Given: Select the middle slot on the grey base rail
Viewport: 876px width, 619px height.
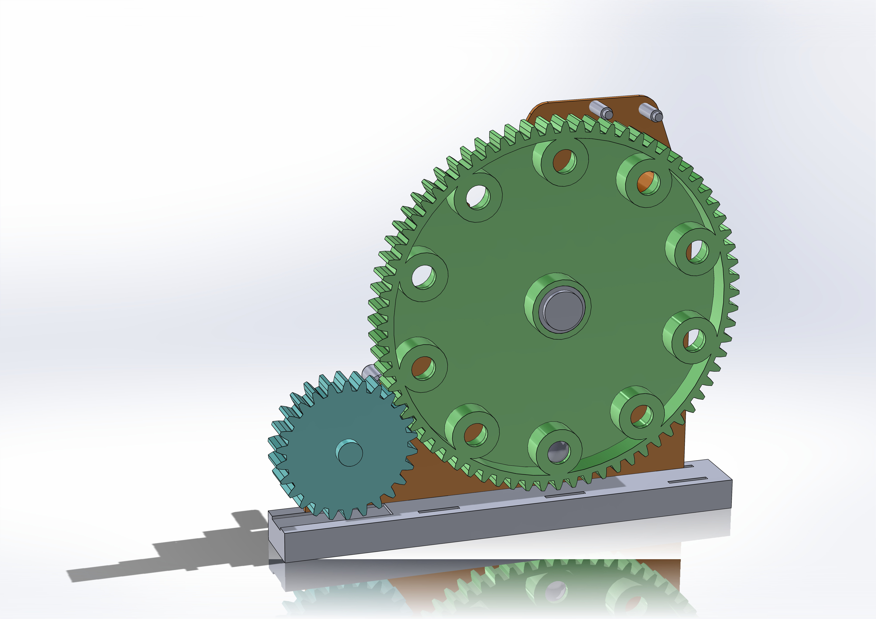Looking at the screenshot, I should click(565, 495).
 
